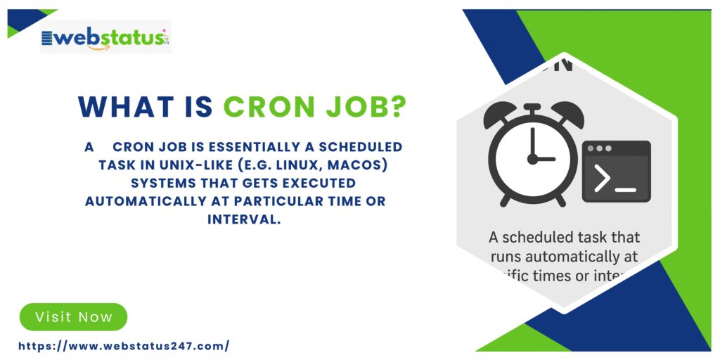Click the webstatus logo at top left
point(105,37)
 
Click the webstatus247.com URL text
point(124,346)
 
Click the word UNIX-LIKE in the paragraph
point(193,165)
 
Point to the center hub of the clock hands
point(533,160)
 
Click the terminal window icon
point(616,171)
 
